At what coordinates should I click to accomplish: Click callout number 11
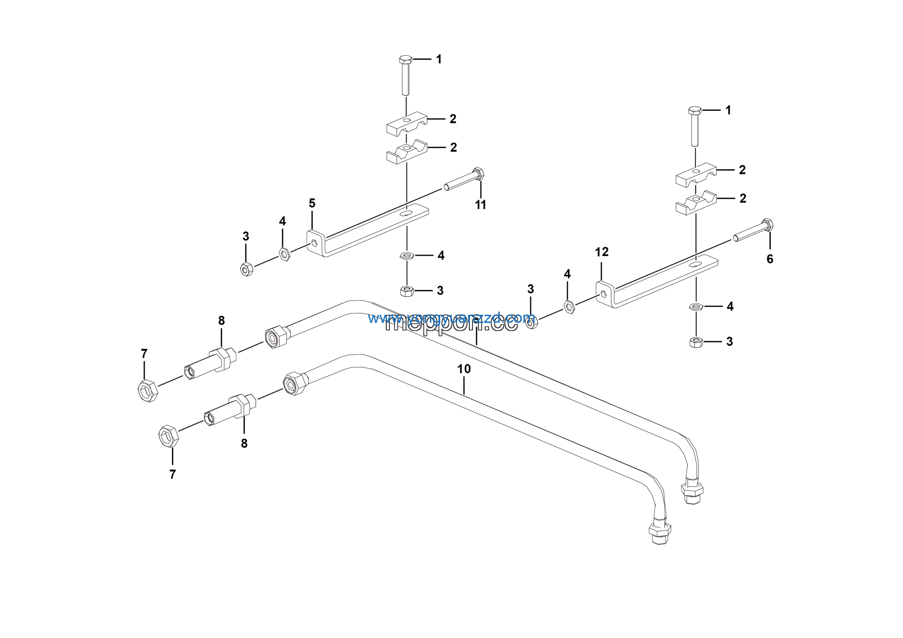(480, 205)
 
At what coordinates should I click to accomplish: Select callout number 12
(602, 252)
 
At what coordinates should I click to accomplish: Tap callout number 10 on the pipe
(464, 369)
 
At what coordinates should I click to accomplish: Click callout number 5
(312, 203)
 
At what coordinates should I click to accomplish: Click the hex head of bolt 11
(479, 174)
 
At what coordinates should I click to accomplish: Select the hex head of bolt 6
(768, 224)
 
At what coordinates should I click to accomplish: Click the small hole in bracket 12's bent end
(603, 294)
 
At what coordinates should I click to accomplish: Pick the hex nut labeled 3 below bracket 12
(696, 342)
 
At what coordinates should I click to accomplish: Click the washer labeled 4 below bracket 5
(407, 256)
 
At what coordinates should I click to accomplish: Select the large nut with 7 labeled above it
(148, 391)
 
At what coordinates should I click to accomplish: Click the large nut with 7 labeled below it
(168, 436)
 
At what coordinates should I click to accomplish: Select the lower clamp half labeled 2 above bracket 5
(407, 151)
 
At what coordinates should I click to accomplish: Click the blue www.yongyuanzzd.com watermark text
(451, 318)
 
